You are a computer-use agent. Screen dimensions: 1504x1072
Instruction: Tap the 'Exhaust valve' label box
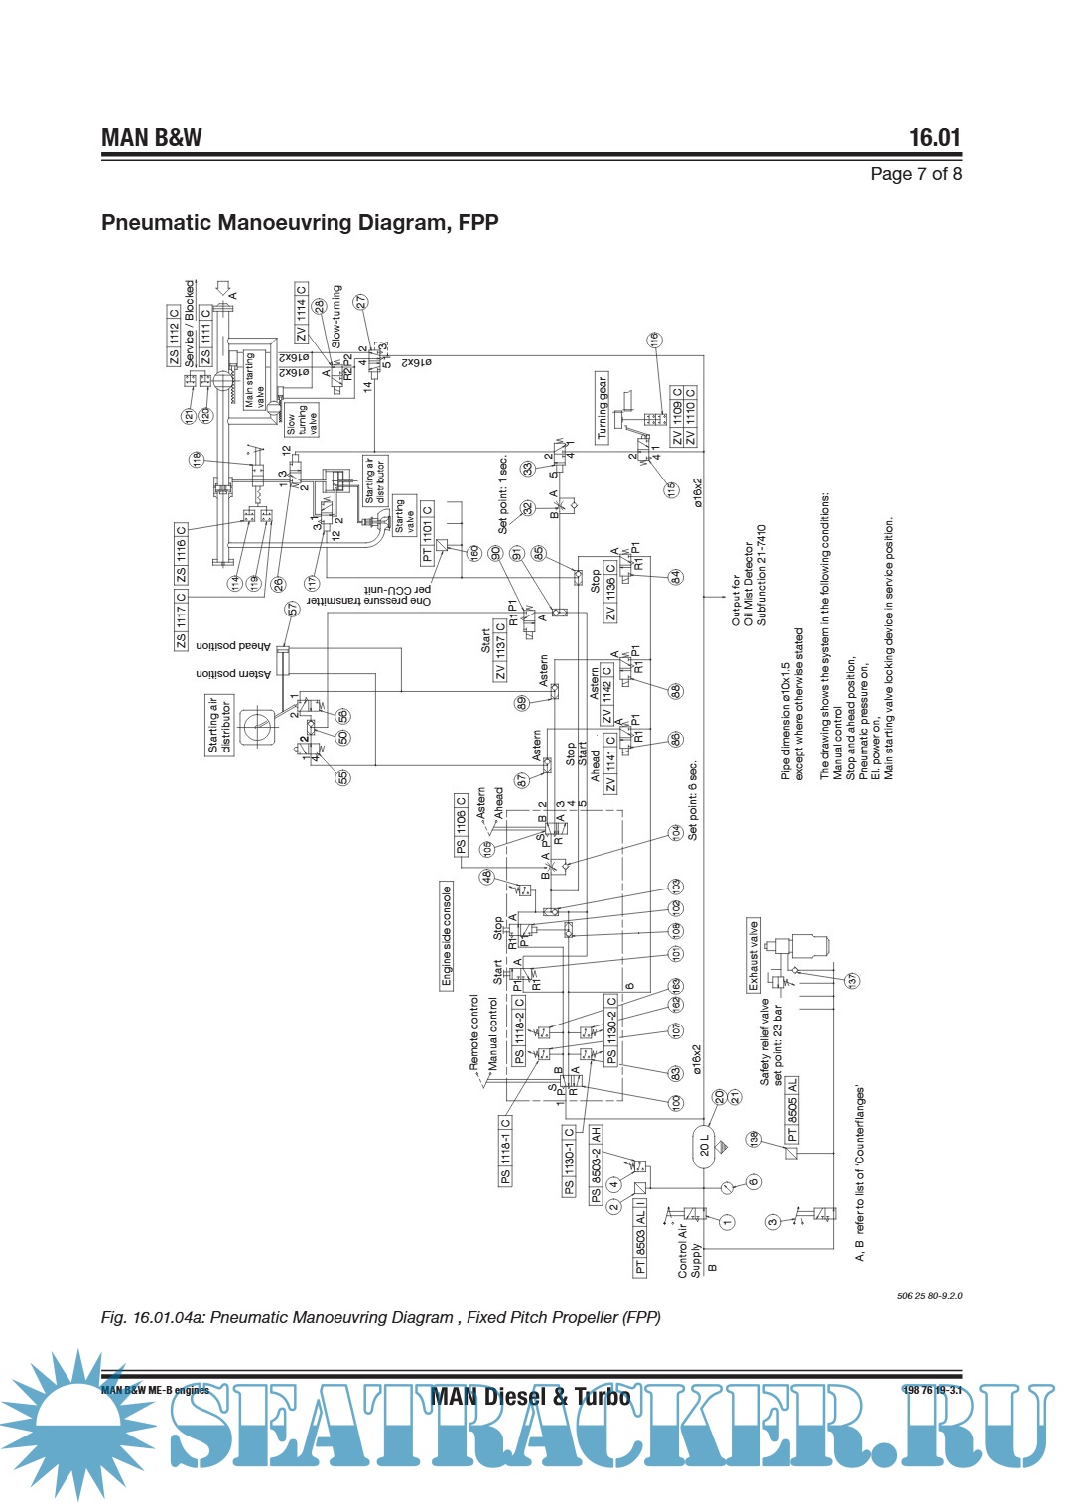(x=753, y=955)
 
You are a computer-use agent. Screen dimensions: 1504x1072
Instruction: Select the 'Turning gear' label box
(x=602, y=407)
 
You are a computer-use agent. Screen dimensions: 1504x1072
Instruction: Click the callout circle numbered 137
(x=852, y=980)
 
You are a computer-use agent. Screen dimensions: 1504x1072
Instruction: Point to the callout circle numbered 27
(x=361, y=301)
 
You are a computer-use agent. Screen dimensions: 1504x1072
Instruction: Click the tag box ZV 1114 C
(x=301, y=314)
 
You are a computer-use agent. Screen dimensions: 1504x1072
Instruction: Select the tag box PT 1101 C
(x=428, y=534)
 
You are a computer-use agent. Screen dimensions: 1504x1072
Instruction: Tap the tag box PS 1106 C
(x=461, y=825)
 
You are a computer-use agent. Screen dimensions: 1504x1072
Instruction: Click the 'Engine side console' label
(x=447, y=935)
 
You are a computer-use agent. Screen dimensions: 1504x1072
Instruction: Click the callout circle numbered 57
(x=293, y=609)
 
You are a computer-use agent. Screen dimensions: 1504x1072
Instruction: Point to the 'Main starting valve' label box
(x=249, y=380)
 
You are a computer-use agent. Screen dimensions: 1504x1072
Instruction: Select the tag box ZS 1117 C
(x=181, y=620)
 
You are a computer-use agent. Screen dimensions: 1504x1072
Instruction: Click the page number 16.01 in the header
(x=935, y=138)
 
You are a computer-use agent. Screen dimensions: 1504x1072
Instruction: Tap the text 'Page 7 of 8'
(x=915, y=174)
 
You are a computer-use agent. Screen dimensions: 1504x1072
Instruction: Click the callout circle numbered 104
(x=676, y=832)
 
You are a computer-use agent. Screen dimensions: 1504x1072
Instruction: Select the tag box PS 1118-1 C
(x=505, y=1151)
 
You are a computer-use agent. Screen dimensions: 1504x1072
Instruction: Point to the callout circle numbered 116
(x=654, y=340)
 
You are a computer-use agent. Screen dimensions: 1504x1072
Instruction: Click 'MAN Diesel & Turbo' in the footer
(x=530, y=1397)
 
